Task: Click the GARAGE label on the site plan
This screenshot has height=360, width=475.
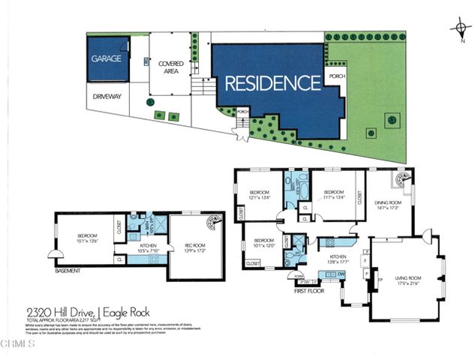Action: tap(106, 58)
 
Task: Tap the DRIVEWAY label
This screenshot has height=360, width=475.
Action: tap(107, 97)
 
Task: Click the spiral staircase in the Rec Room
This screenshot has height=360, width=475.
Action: tap(213, 223)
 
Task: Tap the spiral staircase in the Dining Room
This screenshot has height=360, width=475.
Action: tap(400, 181)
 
